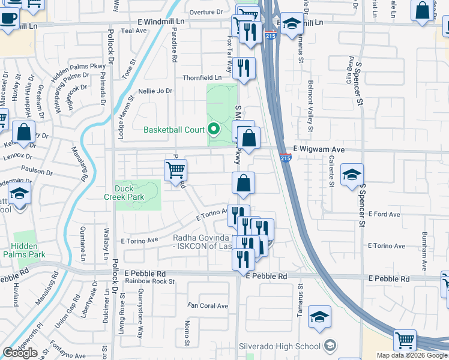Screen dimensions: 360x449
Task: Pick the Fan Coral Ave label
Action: coord(208,306)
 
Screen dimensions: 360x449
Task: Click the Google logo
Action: coord(20,352)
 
